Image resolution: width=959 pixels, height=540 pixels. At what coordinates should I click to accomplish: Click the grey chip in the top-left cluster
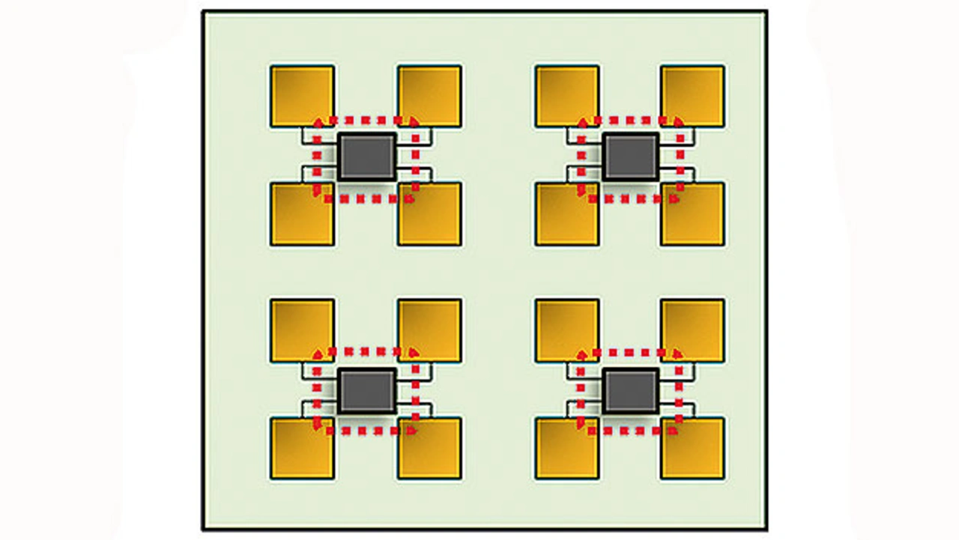coord(366,157)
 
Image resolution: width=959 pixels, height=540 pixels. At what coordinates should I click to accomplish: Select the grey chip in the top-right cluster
coord(631,157)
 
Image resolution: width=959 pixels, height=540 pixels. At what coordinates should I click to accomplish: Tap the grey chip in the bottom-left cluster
coord(366,390)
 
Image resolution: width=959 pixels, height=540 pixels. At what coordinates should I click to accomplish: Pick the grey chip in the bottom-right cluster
coord(631,390)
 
